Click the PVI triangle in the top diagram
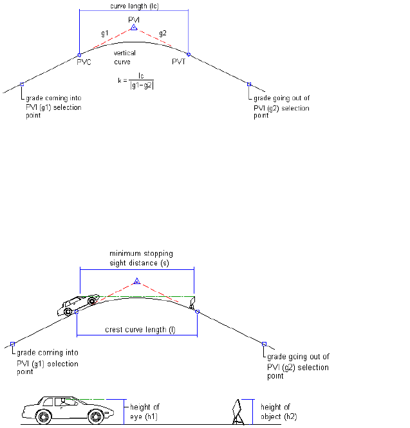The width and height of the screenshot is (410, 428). pos(133,28)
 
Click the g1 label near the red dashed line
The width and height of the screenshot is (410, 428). pos(104,32)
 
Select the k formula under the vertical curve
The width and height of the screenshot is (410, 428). pos(136,82)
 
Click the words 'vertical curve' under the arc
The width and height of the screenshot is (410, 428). pos(122,58)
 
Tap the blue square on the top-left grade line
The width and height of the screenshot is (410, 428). pos(22,84)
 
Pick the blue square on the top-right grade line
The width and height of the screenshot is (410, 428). pos(249,84)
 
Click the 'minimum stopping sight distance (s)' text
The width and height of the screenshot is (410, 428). pos(136,258)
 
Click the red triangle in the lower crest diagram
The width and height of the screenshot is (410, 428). pos(136,281)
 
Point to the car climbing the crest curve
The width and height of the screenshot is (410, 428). pos(80,305)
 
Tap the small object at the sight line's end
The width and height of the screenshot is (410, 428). pos(191,303)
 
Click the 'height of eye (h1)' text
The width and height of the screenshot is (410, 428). pos(145,411)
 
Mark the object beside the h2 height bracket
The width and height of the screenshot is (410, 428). pos(238,412)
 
